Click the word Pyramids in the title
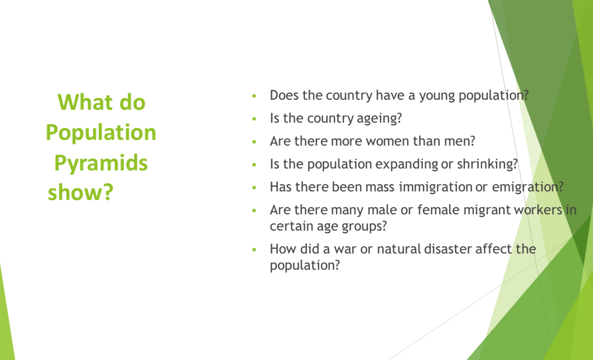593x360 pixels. [101, 164]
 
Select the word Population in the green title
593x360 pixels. [101, 132]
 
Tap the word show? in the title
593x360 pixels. [81, 192]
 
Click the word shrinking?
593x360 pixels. [487, 164]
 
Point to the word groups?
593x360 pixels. [364, 226]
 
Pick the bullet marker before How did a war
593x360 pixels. [254, 249]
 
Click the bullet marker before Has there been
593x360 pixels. [254, 187]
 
